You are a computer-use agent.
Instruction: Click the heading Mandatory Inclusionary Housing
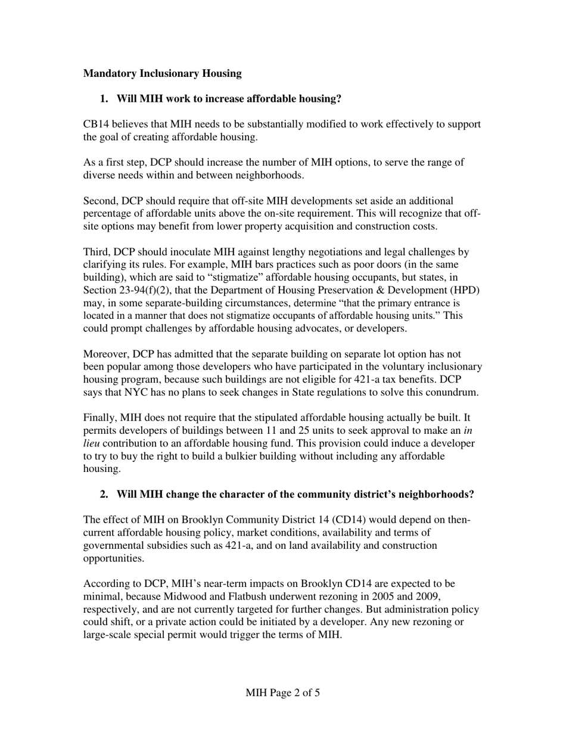tap(162, 73)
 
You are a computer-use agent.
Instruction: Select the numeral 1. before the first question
tap(104, 98)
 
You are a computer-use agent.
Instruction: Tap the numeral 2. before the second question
tap(104, 495)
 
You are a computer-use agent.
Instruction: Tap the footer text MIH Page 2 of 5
tap(282, 693)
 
